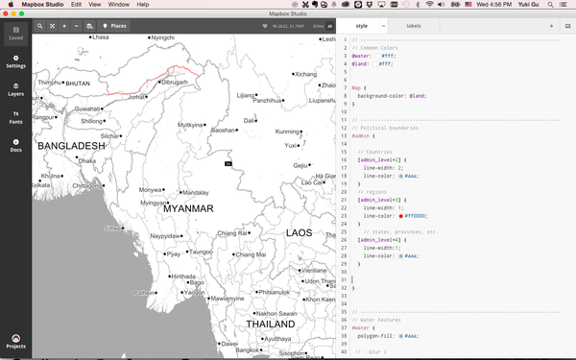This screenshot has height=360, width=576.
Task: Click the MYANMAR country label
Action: tap(188, 207)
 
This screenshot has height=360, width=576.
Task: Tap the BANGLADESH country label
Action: tap(70, 146)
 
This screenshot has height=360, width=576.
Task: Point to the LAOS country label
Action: tap(299, 232)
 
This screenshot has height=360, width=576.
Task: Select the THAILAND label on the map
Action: tap(270, 324)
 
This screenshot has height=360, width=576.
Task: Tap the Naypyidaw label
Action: tap(164, 235)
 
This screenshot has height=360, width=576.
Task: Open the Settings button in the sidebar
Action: tap(15, 62)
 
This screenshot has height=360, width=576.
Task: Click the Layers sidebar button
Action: tap(15, 90)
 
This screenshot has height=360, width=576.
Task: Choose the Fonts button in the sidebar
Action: tap(15, 118)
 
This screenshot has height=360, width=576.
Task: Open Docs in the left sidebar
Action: tap(15, 146)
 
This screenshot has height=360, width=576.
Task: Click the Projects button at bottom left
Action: tap(15, 342)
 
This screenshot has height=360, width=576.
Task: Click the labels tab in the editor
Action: tap(413, 26)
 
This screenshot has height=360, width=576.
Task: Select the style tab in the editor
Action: tap(361, 26)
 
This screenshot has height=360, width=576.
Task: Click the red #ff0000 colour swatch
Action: tap(400, 216)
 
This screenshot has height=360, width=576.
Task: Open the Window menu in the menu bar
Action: tap(118, 5)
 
